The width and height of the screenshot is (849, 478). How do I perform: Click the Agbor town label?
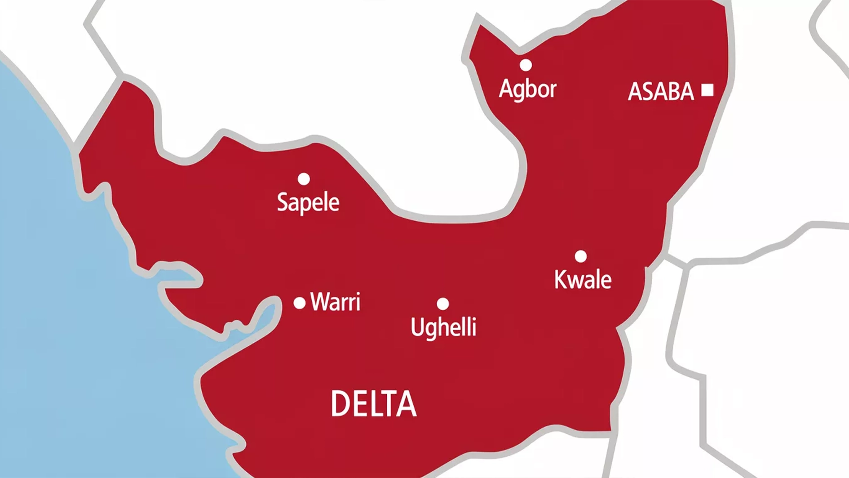[x=527, y=89]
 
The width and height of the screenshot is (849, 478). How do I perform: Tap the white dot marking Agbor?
[x=526, y=65]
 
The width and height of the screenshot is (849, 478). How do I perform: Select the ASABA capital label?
[x=660, y=92]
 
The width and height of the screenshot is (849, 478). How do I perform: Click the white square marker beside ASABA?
[x=707, y=90]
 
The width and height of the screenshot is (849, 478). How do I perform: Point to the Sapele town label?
[x=308, y=202]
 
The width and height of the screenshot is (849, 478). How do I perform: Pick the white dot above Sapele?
[x=304, y=179]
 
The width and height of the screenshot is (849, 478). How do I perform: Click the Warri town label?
[x=335, y=302]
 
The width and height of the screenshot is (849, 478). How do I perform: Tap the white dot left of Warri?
[x=299, y=303]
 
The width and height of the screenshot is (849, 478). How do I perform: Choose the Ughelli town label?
[x=443, y=327]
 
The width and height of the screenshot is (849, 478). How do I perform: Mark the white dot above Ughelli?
[x=442, y=304]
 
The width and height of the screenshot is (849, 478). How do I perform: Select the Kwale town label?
[x=583, y=280]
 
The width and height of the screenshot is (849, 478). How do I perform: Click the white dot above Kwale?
[x=580, y=256]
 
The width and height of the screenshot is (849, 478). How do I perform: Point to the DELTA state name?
[x=373, y=404]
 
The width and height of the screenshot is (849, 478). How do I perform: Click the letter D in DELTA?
[x=340, y=404]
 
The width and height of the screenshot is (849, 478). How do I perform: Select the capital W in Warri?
[x=320, y=302]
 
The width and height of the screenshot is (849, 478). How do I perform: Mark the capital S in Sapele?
[x=283, y=202]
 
